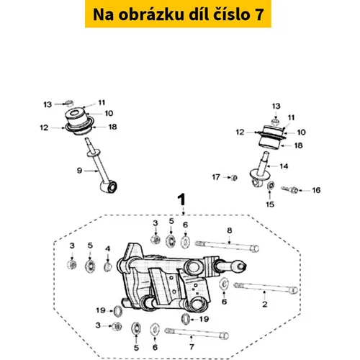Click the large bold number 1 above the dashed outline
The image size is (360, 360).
point(181,200)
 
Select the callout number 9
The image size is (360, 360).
point(79,171)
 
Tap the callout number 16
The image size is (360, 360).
point(316,190)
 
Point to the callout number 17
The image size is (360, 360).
point(216,177)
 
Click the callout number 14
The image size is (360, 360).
point(284,166)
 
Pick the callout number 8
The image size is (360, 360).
point(230,230)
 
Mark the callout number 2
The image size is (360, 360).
point(265,305)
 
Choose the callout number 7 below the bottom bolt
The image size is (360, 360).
point(192,347)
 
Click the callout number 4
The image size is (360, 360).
point(108,248)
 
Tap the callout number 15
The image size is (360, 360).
point(270,204)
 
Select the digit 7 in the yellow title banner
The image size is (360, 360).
point(259,14)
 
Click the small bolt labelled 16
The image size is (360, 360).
point(289,190)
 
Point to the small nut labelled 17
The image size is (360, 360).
point(234,178)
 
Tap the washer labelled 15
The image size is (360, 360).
point(271,186)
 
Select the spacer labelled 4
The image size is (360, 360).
point(108,266)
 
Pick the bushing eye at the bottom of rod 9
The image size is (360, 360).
point(109,187)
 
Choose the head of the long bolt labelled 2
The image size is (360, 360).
point(293,290)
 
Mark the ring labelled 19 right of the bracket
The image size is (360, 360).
point(186,319)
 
